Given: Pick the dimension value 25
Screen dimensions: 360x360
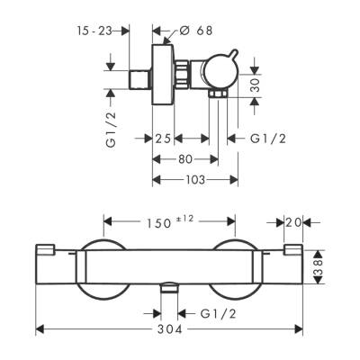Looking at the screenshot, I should click(162, 139).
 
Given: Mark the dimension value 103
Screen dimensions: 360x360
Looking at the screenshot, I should click(194, 178).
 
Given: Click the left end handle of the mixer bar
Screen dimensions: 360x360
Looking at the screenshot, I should click(49, 265).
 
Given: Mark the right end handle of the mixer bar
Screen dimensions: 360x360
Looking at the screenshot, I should click(292, 265).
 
